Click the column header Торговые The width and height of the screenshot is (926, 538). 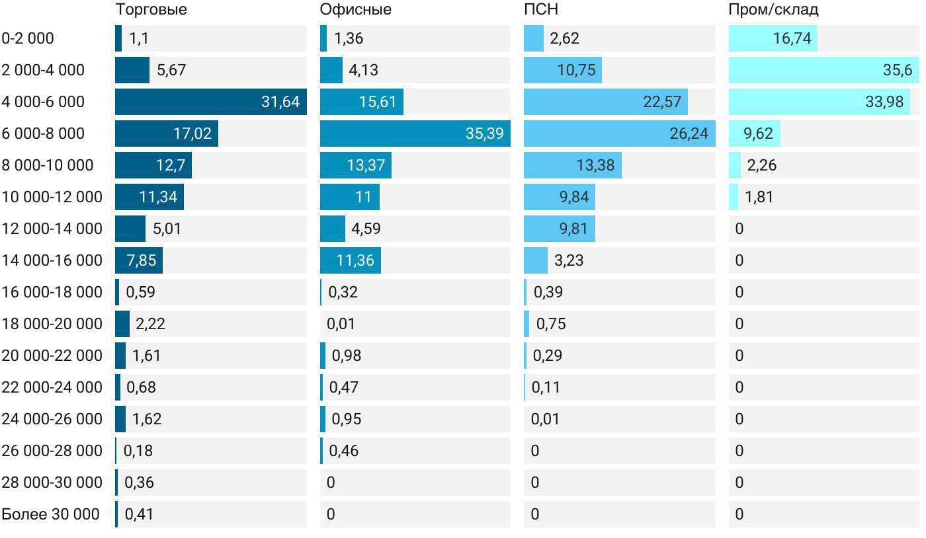[151, 9]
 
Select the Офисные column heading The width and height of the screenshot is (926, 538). [355, 9]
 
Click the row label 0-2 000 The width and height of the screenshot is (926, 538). [28, 38]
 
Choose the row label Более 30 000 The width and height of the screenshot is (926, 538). [50, 514]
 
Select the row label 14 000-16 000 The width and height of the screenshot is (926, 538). [52, 260]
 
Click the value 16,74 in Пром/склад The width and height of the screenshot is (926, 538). [792, 38]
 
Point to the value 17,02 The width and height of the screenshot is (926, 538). [192, 134]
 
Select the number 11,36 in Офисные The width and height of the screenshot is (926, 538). [355, 260]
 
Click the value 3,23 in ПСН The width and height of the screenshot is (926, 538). [569, 260]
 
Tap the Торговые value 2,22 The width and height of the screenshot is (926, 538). [150, 324]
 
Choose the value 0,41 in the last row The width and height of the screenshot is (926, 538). [139, 514]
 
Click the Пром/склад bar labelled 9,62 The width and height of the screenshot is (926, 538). [755, 134]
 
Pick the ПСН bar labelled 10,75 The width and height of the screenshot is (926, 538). [562, 70]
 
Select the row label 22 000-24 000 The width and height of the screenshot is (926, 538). [52, 387]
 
